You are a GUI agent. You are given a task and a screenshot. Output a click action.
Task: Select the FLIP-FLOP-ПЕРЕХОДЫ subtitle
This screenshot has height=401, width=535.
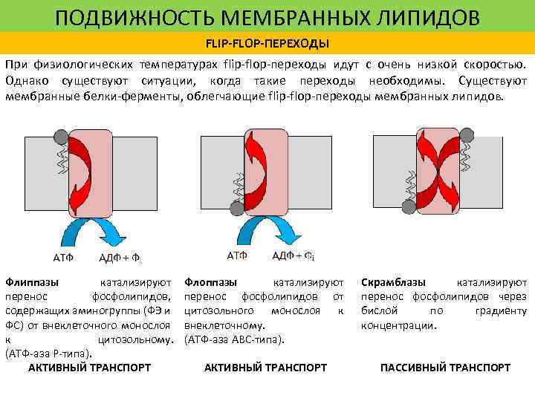[267, 42]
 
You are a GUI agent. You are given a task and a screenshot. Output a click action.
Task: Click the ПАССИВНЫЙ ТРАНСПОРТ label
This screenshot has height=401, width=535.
[444, 368]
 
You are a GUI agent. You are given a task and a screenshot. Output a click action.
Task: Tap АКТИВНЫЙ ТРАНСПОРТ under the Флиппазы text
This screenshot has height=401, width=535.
[89, 368]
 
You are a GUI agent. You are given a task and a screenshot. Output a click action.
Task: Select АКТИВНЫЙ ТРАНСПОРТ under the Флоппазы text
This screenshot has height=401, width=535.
[265, 368]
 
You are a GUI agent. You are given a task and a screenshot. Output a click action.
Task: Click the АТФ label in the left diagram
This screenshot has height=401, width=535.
[63, 258]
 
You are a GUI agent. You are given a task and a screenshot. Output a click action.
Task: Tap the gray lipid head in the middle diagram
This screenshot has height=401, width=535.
[236, 210]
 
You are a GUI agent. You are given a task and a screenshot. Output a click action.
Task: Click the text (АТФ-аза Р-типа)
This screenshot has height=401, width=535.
[48, 353]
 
